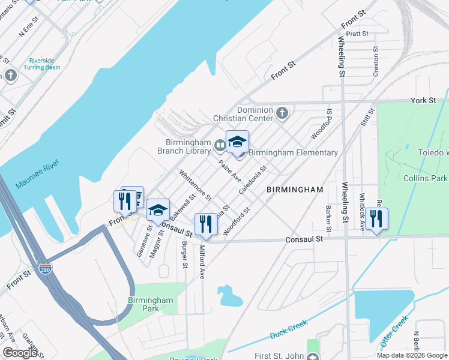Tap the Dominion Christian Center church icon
(282, 113)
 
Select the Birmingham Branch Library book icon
(220, 145)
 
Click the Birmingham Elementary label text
(293, 153)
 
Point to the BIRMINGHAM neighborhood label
(295, 190)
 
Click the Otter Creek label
(393, 331)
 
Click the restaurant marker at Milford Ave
(206, 224)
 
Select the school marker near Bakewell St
(158, 209)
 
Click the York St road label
(423, 100)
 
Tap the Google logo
(20, 352)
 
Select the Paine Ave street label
(229, 172)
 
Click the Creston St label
(376, 62)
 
